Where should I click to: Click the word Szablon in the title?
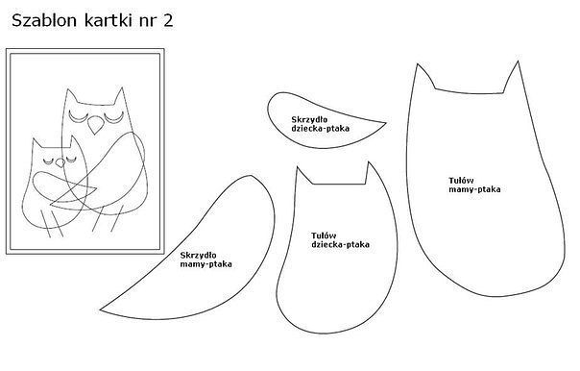click(44, 20)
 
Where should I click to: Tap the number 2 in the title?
click(167, 21)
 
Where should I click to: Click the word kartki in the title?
click(108, 20)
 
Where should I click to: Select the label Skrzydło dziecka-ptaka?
click(320, 124)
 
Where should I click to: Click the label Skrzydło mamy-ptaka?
click(206, 260)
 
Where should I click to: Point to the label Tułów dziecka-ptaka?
click(340, 240)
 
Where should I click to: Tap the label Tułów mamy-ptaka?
click(474, 185)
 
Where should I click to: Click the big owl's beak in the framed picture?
click(95, 125)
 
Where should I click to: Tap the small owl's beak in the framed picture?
click(60, 162)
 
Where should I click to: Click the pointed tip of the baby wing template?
click(386, 123)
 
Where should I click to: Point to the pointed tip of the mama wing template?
click(101, 309)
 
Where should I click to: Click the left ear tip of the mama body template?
click(418, 64)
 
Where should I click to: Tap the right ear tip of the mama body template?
click(518, 62)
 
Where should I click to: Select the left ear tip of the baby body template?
click(298, 167)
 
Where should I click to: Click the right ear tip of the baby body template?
click(369, 162)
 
